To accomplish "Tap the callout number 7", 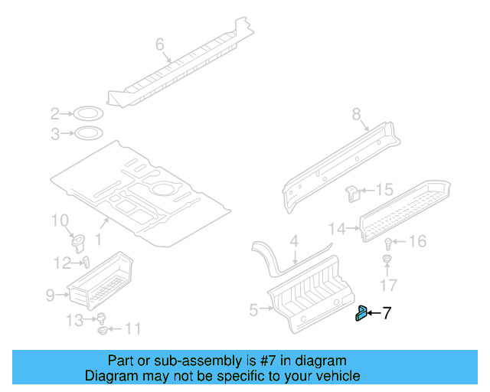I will [387, 312].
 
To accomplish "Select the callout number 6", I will [160, 45].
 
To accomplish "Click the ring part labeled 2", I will [89, 115].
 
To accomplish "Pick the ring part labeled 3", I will [89, 135].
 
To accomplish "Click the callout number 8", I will [356, 114].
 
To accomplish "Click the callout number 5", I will [254, 310].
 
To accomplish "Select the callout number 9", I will [51, 293].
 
